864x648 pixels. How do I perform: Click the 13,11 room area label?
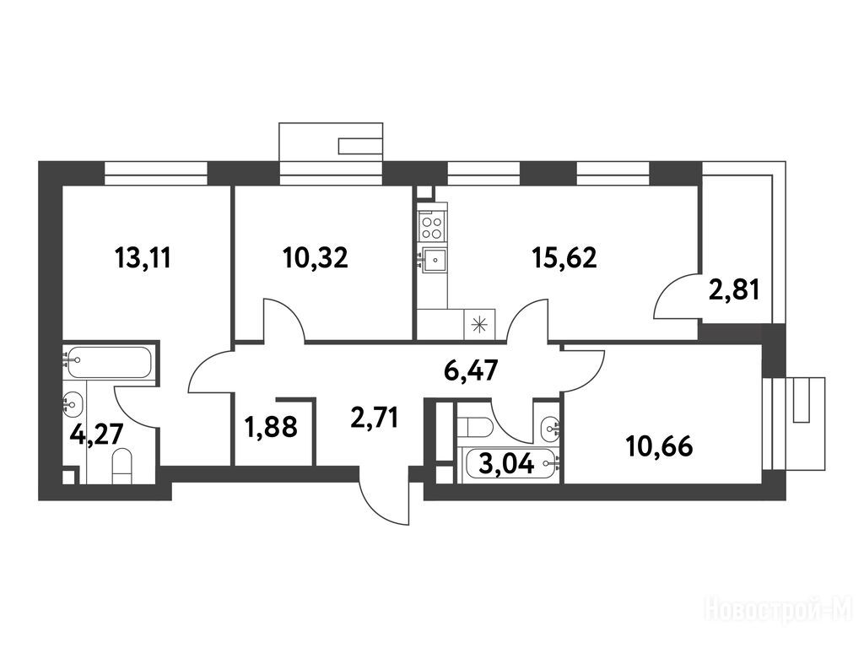point(143,258)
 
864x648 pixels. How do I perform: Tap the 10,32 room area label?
point(316,257)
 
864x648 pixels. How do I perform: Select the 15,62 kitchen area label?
point(564,257)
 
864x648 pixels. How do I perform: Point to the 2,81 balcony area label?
point(734,289)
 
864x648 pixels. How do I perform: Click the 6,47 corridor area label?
point(471,371)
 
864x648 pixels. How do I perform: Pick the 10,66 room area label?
point(660,446)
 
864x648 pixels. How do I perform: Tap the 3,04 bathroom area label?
point(507,464)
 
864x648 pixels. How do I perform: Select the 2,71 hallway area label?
point(374,417)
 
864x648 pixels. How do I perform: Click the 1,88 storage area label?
point(272,427)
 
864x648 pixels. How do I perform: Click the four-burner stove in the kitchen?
point(431,228)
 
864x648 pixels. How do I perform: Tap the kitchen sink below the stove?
point(433,258)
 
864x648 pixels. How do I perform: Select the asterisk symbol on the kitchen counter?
point(480,324)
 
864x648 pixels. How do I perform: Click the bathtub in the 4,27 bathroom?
point(107,362)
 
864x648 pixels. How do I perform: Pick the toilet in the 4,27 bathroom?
point(122,466)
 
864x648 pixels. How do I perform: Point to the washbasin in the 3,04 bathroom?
point(550,426)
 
